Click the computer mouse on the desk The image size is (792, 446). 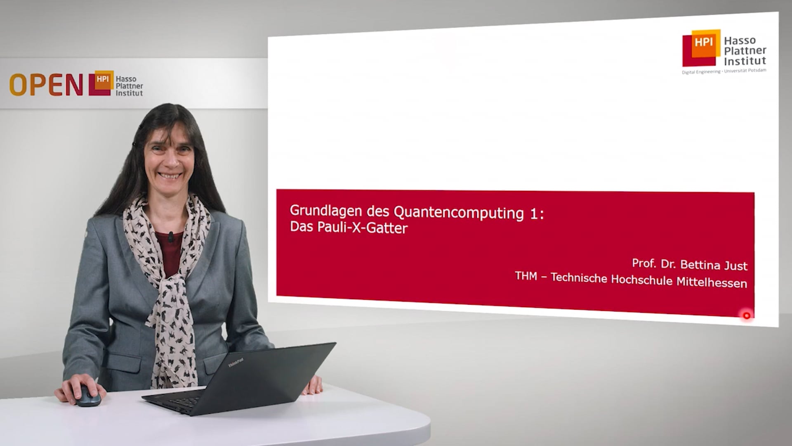coord(87,396)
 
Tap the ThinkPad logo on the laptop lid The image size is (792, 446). coord(236,363)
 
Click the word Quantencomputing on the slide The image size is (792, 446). coord(459,213)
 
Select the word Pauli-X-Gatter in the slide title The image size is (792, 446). coord(362,228)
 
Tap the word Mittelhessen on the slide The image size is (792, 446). coord(712,282)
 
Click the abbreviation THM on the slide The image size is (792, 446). coord(526,275)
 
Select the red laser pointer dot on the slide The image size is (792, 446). coord(747,316)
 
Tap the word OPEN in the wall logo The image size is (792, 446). coord(46,85)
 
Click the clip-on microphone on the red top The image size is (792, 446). coord(171,237)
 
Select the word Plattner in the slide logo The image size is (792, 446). coord(745,51)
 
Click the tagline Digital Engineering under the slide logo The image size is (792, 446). coord(701,72)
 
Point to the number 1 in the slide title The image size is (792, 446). coord(532,214)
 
